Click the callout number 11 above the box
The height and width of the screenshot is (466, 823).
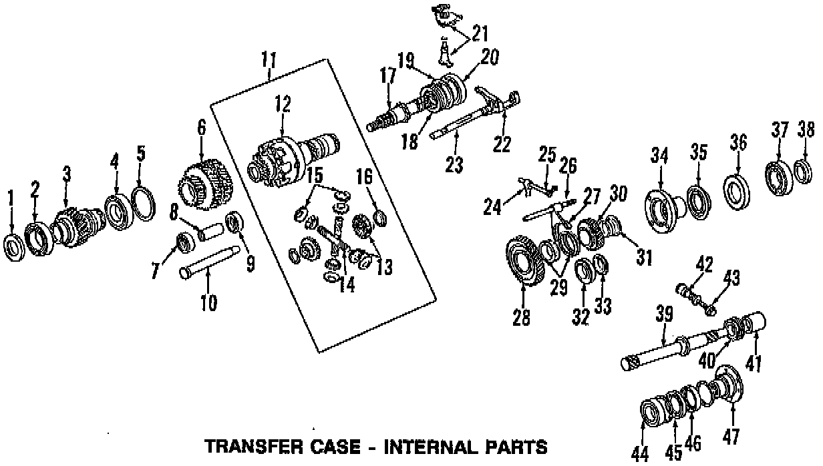tap(268, 61)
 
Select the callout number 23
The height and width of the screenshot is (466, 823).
tap(454, 164)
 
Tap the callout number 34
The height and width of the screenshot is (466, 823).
tap(659, 158)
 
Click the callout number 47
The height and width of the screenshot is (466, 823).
tap(731, 437)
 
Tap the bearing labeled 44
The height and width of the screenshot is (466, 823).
tap(649, 411)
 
